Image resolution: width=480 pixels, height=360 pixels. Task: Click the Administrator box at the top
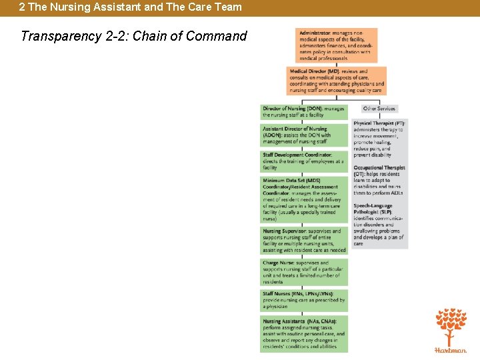(336, 45)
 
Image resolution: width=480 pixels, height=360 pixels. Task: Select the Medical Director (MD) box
(337, 81)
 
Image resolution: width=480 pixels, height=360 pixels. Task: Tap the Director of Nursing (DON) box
(304, 111)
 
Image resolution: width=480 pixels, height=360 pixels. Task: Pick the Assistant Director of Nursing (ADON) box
(304, 135)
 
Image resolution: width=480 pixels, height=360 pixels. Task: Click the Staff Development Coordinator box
(304, 161)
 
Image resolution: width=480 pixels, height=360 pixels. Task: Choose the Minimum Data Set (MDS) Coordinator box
(304, 199)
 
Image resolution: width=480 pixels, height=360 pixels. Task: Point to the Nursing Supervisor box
(304, 241)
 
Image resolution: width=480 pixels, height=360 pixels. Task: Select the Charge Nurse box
(304, 272)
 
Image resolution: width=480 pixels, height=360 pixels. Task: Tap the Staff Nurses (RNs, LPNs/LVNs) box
(304, 300)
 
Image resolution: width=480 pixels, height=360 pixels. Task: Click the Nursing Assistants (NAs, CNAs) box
(304, 334)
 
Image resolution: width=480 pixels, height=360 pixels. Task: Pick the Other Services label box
(379, 109)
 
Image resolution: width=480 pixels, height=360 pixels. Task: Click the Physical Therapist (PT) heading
(379, 123)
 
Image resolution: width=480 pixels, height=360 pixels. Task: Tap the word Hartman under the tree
(451, 349)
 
